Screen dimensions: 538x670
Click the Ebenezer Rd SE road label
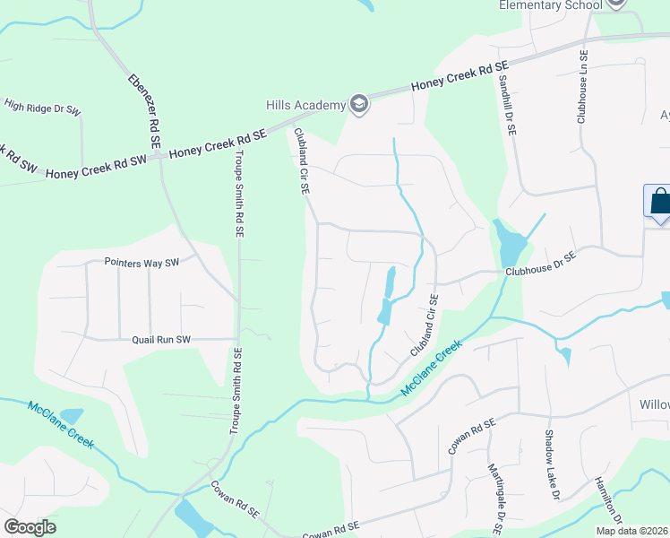point(143,108)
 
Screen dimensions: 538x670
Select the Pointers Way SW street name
point(142,263)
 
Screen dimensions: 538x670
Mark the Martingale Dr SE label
point(494,493)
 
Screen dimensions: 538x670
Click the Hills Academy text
point(305,105)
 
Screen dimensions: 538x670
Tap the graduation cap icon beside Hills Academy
point(359,105)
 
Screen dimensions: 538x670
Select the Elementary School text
point(550,4)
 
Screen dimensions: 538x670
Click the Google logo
point(30,527)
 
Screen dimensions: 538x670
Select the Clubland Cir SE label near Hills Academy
point(302,162)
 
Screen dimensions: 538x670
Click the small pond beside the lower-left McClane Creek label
point(71,416)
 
